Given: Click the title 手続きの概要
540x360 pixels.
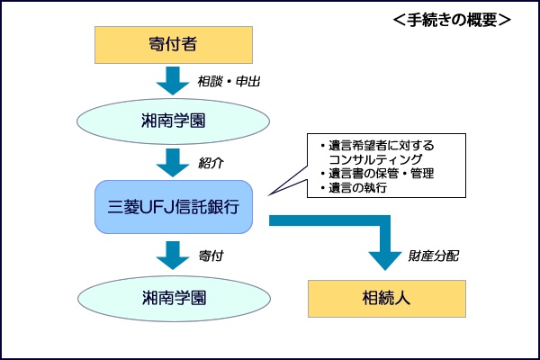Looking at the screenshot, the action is tap(452, 20).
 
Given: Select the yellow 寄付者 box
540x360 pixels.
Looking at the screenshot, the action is tap(174, 45).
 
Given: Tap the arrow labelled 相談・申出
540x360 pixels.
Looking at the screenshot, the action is tap(173, 81).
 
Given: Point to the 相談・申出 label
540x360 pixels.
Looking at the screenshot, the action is tap(229, 82).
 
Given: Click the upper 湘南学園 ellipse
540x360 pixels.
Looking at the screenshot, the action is tap(173, 121).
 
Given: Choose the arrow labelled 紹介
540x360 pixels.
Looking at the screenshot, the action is tap(173, 163).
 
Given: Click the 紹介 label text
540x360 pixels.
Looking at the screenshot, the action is tap(211, 163).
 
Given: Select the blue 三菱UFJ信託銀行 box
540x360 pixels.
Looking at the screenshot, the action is tap(174, 207).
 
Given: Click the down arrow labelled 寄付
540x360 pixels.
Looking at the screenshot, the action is tap(173, 256).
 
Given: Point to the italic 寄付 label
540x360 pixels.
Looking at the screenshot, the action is tap(211, 256).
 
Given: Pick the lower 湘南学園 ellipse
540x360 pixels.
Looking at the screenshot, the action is tap(174, 298).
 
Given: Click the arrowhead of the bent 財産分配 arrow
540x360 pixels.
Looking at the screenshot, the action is tap(385, 261).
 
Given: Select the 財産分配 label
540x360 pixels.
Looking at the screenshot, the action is tap(434, 256).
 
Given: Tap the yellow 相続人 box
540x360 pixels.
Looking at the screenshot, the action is tap(387, 299).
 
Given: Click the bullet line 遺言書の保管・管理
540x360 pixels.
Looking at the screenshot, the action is tap(377, 174).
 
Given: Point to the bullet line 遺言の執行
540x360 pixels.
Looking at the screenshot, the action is tap(354, 188).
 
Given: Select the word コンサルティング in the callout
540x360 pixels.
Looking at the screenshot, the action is tap(375, 159).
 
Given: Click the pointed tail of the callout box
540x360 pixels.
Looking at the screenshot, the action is tap(269, 194).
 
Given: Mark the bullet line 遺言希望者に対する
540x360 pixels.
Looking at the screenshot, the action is tap(377, 146).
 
